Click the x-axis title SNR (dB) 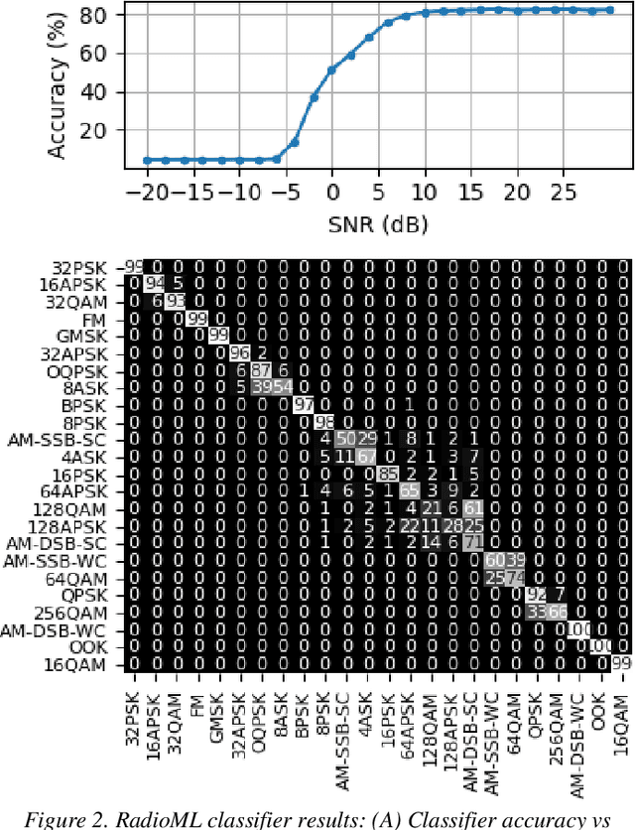pos(377,225)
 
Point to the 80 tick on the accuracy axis pos(97,16)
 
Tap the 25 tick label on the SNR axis pos(563,190)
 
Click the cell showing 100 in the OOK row pos(600,647)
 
